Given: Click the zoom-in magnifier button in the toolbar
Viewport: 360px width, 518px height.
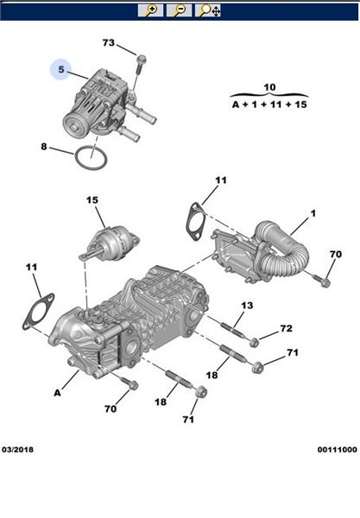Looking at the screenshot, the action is point(150,10).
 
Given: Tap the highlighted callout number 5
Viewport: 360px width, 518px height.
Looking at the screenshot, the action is point(60,70).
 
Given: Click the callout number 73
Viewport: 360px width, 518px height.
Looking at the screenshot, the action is point(108,43).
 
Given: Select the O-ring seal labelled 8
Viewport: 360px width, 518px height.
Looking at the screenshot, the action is point(92,157).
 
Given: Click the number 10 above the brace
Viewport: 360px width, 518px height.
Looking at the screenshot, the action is point(269,87).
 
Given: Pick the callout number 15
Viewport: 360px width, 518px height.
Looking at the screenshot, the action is point(92,200).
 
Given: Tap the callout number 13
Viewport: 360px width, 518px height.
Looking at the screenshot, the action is point(247,306).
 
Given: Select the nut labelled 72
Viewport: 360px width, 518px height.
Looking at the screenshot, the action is point(254,343).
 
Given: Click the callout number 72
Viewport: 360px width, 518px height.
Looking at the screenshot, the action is point(287,328).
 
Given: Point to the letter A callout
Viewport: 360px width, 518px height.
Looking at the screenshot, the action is point(58,393).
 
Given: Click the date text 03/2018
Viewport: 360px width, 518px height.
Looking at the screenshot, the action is point(18,450).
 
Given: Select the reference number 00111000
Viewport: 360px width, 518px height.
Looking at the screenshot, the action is point(338,450).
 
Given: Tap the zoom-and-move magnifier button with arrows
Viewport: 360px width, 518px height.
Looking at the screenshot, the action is point(208,10).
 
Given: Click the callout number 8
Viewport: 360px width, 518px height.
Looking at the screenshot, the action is point(44,147).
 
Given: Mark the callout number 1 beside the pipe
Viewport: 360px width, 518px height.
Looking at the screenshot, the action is point(313,213).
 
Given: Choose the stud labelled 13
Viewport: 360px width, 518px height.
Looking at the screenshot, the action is point(233,330).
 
